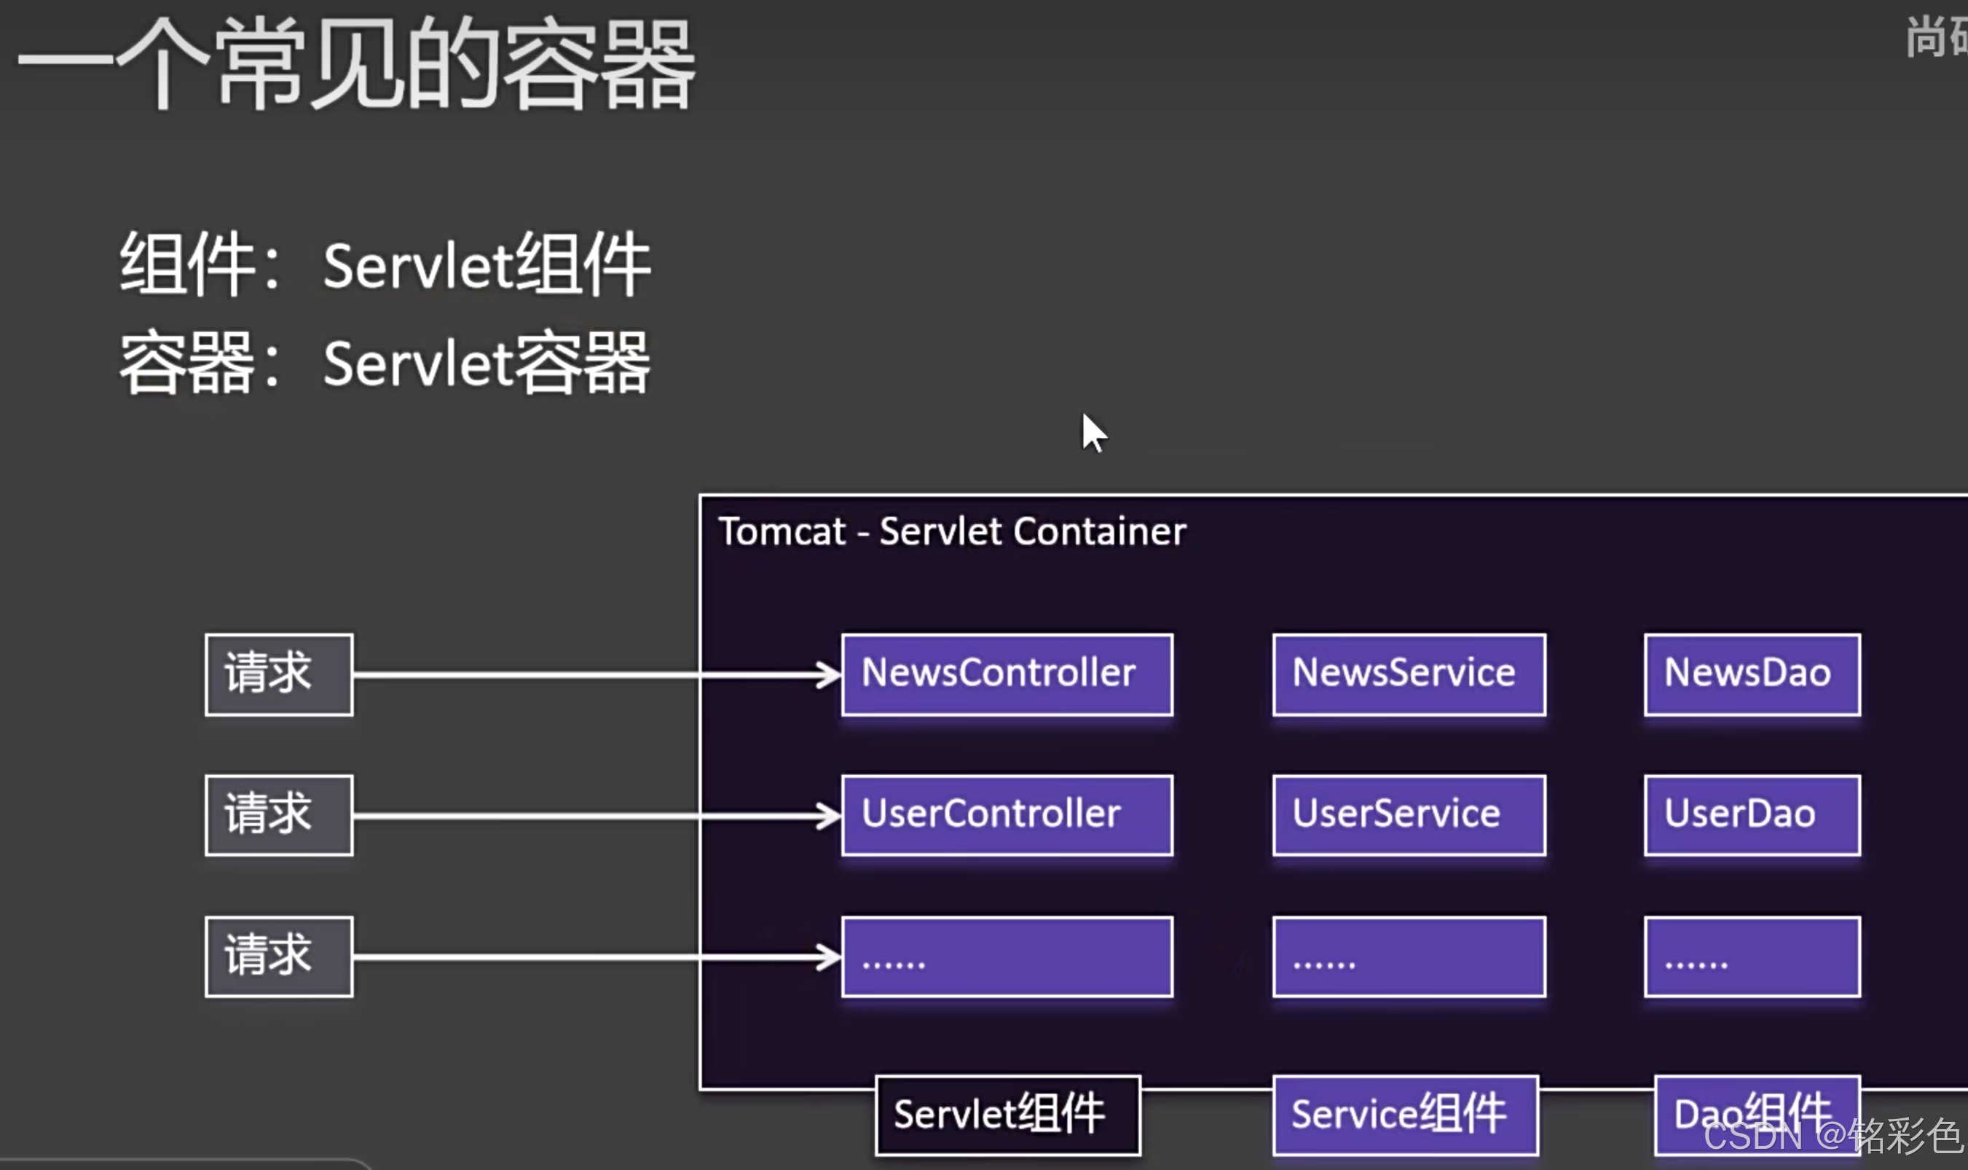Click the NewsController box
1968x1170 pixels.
(x=1007, y=674)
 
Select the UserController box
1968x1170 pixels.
(x=1007, y=814)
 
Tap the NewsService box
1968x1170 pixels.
(x=1409, y=674)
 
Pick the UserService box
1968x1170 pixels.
(x=1409, y=814)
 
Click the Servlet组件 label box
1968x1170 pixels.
(x=1007, y=1115)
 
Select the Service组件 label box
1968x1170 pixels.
(x=1405, y=1115)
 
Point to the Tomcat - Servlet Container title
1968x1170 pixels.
(x=951, y=531)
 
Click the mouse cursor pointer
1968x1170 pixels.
(x=1093, y=432)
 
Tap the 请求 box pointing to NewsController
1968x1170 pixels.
(x=279, y=674)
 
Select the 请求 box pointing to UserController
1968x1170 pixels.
(x=279, y=814)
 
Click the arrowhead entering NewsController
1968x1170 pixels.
(x=829, y=675)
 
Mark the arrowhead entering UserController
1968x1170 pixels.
(x=829, y=815)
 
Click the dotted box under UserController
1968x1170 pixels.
(x=1007, y=957)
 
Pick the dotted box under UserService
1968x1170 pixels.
(x=1409, y=957)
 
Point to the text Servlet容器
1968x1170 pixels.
(x=487, y=364)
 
